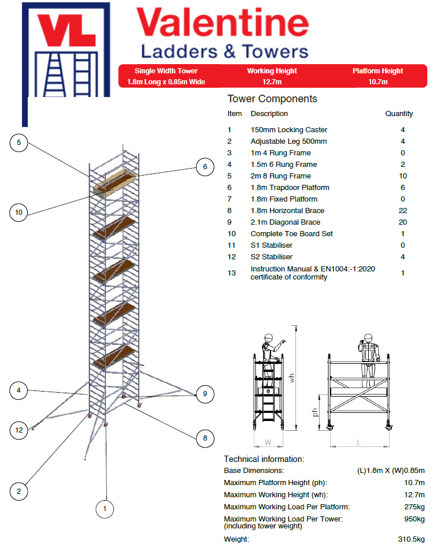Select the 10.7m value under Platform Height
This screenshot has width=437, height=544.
377,82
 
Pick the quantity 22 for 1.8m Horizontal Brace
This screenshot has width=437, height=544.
402,211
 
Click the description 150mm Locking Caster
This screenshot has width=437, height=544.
288,130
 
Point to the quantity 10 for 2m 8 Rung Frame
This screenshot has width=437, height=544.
402,176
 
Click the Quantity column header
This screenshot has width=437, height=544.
399,114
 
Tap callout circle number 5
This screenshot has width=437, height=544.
19,143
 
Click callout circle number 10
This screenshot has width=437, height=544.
19,213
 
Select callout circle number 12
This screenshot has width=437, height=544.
19,430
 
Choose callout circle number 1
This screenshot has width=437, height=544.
105,509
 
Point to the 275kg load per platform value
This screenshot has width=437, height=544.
413,507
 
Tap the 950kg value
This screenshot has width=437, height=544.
413,519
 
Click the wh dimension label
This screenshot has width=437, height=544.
292,378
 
